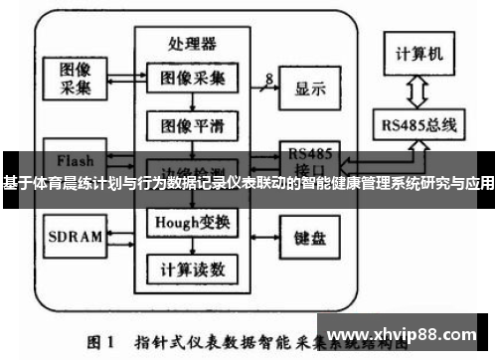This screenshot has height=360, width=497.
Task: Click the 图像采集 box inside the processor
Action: click(x=192, y=78)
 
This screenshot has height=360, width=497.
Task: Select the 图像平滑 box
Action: click(x=192, y=125)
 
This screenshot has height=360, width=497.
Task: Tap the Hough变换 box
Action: click(x=192, y=222)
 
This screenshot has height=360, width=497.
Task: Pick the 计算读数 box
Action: click(x=192, y=269)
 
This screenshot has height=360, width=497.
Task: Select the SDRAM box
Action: click(x=74, y=237)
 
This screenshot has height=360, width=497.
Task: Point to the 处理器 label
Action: click(x=192, y=44)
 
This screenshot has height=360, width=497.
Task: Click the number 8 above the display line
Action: click(x=268, y=77)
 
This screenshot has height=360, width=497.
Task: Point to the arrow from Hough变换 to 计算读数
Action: click(x=192, y=246)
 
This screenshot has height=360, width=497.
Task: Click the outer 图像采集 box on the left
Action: click(x=74, y=79)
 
